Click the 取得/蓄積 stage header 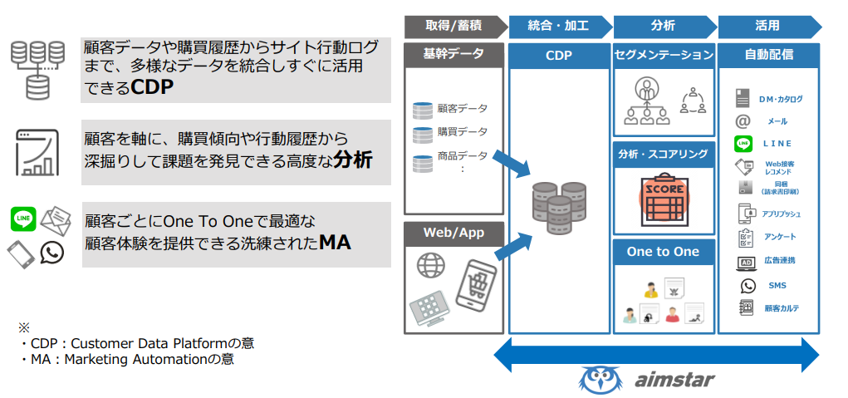point(453,26)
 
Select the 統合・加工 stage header point(558,26)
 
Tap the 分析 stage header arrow point(663,26)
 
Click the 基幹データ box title point(453,55)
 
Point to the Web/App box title point(453,233)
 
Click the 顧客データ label point(463,109)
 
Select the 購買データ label point(463,132)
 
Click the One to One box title point(663,252)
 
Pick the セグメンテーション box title point(664,56)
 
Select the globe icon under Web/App point(432,267)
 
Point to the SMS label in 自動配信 point(777,286)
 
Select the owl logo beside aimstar point(599,380)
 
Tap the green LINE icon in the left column point(22,219)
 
